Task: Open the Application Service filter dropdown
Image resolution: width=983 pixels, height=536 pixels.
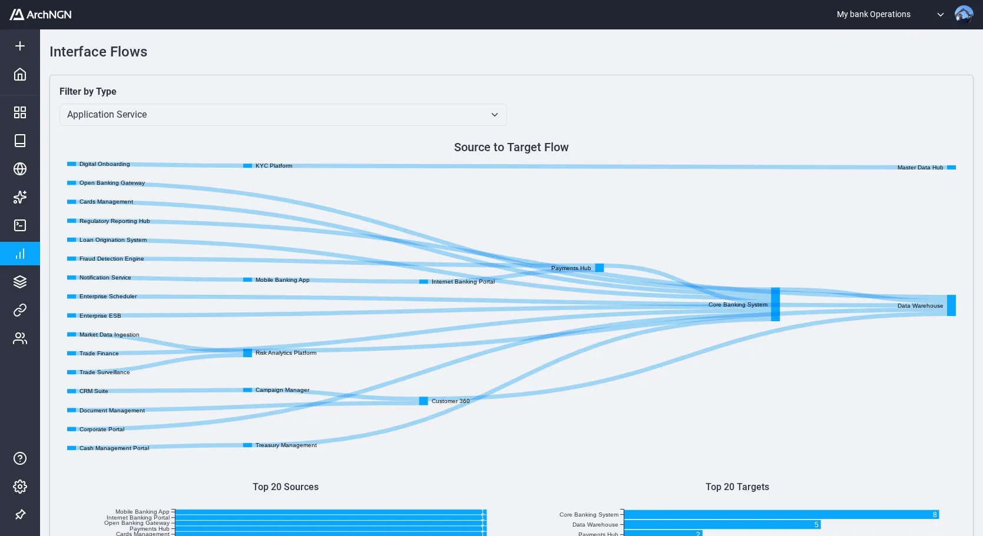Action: [x=283, y=115]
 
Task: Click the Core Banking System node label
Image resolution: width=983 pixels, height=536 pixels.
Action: [x=737, y=305]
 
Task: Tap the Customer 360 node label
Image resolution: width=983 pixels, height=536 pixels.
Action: [x=451, y=401]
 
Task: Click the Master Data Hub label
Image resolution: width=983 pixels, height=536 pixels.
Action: [x=920, y=168]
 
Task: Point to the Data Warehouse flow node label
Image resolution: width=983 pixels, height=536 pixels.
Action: [x=920, y=306]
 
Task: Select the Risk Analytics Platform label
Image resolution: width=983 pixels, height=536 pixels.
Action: [x=286, y=353]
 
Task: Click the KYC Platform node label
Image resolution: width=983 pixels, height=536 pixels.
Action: [x=274, y=166]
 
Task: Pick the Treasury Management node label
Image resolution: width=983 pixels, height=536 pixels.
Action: [x=286, y=445]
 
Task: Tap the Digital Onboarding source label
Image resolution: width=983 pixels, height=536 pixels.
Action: [x=104, y=164]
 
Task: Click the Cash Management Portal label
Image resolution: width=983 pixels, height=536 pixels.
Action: [x=114, y=448]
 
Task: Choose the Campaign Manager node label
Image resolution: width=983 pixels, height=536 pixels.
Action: [x=282, y=390]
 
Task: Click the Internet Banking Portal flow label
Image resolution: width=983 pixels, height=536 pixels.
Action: [x=463, y=282]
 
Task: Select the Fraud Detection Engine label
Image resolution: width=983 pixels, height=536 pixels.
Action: [x=111, y=259]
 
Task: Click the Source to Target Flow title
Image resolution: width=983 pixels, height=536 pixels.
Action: [x=511, y=147]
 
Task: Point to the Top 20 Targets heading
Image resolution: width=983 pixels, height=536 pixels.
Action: [x=737, y=487]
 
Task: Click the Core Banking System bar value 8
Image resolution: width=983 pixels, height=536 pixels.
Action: [x=934, y=515]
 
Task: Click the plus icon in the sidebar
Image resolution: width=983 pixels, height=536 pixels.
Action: [x=20, y=46]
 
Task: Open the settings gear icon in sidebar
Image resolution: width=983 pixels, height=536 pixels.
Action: [x=20, y=487]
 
